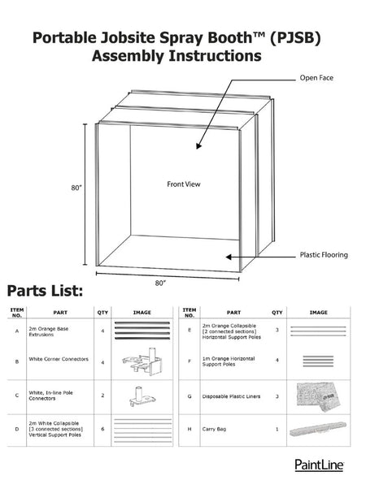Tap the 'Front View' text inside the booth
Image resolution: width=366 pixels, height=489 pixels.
point(183,184)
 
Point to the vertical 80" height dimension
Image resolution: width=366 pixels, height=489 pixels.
point(76,188)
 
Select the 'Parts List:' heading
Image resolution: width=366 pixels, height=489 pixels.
point(50,291)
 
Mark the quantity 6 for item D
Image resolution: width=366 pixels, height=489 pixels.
point(102,428)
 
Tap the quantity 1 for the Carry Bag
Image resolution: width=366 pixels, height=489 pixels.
point(277,428)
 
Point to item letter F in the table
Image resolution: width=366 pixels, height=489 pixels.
point(190,359)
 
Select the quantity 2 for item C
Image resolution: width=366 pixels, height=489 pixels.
point(102,395)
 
